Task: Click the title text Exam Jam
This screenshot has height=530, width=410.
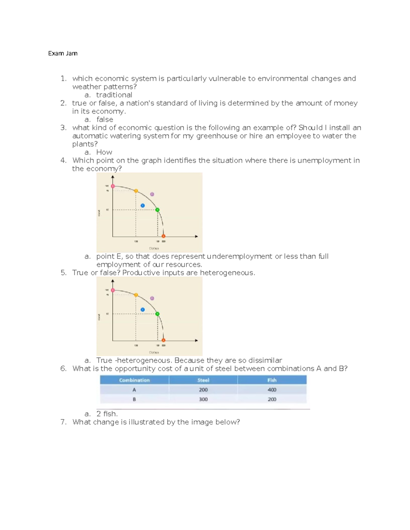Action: click(63, 53)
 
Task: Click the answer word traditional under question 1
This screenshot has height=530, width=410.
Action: click(114, 95)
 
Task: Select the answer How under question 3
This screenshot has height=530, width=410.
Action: click(104, 152)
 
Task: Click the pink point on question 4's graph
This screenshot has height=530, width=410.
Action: click(113, 186)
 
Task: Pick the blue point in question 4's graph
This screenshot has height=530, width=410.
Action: click(142, 205)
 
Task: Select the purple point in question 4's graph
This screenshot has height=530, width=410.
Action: click(152, 194)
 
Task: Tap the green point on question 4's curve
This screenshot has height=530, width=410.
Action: click(157, 210)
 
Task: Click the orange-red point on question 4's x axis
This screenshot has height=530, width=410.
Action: click(164, 236)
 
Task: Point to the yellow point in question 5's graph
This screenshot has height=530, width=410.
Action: click(136, 295)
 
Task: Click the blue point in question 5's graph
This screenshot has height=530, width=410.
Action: click(142, 310)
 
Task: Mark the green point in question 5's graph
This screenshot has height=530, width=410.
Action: click(157, 314)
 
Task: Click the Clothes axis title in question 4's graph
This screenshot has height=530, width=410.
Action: click(154, 248)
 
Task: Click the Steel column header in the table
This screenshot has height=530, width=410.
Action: click(203, 380)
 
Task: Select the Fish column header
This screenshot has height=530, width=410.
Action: click(272, 380)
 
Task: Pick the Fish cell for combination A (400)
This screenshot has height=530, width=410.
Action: click(272, 390)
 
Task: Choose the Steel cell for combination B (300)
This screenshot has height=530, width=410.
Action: click(203, 399)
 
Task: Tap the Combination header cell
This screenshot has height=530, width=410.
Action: click(134, 380)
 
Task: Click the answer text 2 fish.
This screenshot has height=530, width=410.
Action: click(107, 414)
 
